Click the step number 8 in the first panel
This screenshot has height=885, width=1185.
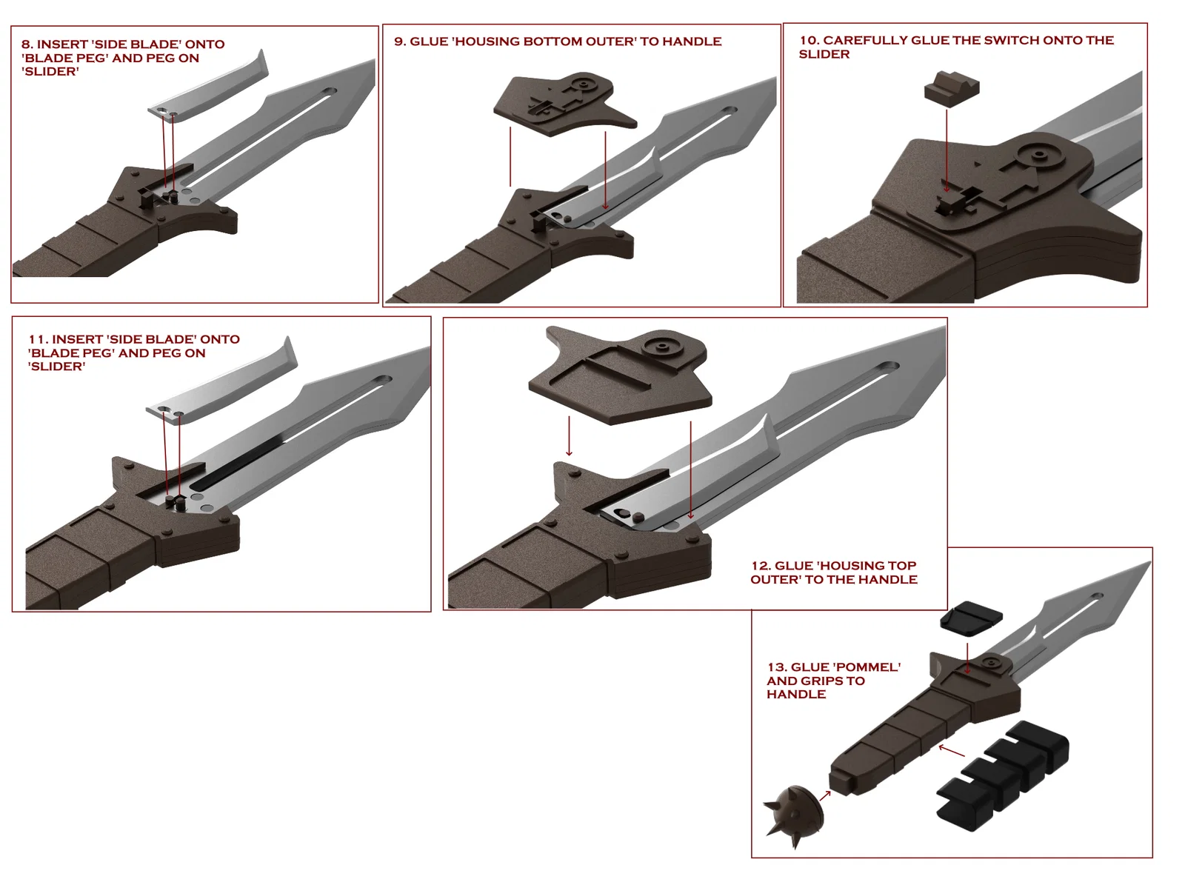coord(27,44)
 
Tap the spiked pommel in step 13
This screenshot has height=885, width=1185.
coord(796,815)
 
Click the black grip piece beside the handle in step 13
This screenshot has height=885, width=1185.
coord(1004,774)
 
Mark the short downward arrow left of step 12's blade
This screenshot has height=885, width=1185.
coord(569,437)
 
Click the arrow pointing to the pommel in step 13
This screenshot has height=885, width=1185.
coord(824,795)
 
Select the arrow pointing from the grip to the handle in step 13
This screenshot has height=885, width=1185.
coord(952,751)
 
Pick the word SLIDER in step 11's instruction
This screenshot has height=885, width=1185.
coord(57,367)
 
